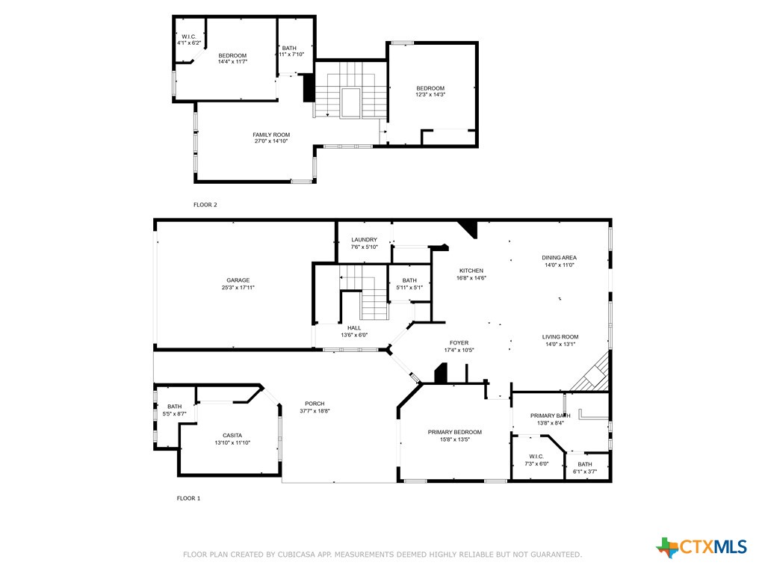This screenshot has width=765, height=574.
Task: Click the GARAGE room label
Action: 238,280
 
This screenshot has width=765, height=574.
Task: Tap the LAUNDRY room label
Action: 364,240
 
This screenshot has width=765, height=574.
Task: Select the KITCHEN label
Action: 471,271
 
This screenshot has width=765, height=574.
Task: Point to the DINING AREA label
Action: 559,258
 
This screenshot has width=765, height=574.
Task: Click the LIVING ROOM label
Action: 560,337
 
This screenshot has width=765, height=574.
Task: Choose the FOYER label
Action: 459,342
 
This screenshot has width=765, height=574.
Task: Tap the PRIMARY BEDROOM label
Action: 455,432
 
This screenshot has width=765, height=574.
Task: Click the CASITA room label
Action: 232,436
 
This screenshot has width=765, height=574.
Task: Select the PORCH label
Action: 315,404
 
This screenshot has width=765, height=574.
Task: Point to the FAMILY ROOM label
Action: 271,135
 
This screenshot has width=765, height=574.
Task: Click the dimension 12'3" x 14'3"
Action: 430,95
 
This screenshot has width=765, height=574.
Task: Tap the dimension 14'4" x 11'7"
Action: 233,62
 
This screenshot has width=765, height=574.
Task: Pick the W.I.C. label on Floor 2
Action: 189,37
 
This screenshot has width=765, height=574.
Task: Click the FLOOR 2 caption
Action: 205,205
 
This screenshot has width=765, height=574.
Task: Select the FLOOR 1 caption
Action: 188,499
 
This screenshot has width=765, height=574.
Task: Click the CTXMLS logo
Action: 701,547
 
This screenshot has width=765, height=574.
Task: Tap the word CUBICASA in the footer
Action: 296,555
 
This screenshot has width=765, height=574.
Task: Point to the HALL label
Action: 354,328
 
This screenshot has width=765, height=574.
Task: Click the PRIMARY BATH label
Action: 551,416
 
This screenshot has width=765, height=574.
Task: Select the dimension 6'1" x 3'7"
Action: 585,472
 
